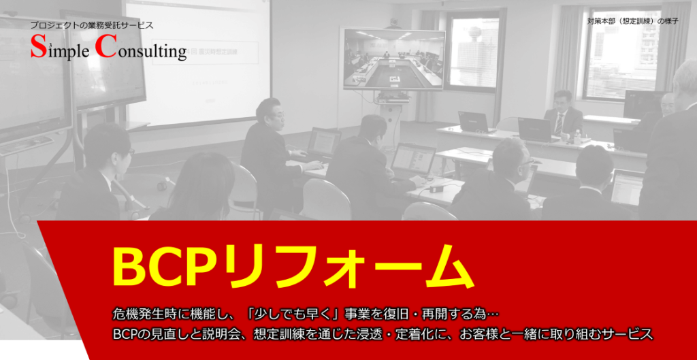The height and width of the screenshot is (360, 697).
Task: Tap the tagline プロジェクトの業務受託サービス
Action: click(x=92, y=25)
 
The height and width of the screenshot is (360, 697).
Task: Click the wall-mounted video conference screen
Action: click(x=394, y=59)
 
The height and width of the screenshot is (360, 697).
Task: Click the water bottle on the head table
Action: click(x=577, y=136)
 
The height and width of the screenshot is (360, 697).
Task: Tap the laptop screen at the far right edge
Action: click(x=627, y=187)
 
